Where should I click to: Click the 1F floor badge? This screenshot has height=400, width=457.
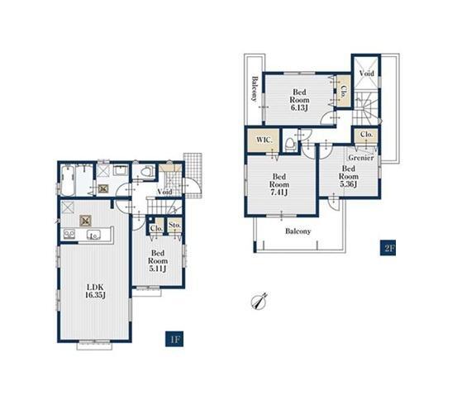(174, 339)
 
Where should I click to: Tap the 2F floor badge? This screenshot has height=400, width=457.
(388, 248)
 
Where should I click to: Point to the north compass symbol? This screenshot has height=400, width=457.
(259, 302)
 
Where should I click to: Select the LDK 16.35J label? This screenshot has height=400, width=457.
(95, 291)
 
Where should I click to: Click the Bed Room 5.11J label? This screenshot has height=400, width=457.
(158, 260)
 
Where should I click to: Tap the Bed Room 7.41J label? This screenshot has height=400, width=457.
(279, 184)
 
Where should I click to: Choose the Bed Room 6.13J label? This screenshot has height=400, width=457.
(299, 100)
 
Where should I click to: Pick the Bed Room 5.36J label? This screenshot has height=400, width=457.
(349, 176)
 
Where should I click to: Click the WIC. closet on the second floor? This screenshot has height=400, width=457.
(264, 140)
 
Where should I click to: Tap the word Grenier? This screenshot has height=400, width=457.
(361, 158)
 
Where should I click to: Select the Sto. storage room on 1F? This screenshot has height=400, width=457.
(175, 225)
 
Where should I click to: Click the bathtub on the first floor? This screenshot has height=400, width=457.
(67, 180)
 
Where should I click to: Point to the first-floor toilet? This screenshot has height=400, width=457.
(146, 171)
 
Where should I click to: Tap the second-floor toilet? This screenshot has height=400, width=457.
(290, 145)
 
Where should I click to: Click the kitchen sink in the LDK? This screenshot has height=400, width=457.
(93, 235)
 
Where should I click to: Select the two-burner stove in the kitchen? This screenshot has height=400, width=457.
(69, 234)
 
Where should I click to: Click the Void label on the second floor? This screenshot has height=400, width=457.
(366, 74)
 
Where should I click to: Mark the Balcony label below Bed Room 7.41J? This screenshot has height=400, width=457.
(298, 231)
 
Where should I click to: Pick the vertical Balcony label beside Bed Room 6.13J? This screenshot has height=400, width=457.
(255, 88)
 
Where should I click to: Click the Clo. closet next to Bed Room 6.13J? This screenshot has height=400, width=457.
(343, 91)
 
